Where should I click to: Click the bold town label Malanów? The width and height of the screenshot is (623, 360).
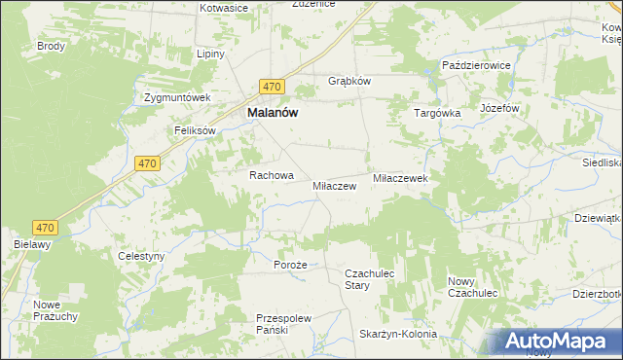[x=273, y=112]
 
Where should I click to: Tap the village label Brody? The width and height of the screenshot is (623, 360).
[x=51, y=46]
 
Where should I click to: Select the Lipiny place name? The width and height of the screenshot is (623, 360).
[x=210, y=54]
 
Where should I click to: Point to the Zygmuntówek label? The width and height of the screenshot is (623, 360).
[x=177, y=98]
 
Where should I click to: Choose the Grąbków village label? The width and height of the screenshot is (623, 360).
[x=349, y=81]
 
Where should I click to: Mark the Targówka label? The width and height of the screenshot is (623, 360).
[x=436, y=113]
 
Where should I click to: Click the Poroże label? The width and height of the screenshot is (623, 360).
[x=290, y=265]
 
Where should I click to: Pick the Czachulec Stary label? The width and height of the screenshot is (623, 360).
[x=370, y=280]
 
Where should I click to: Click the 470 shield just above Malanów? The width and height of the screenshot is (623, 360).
[x=272, y=86]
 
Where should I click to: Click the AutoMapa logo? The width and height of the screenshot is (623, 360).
[x=559, y=342]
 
